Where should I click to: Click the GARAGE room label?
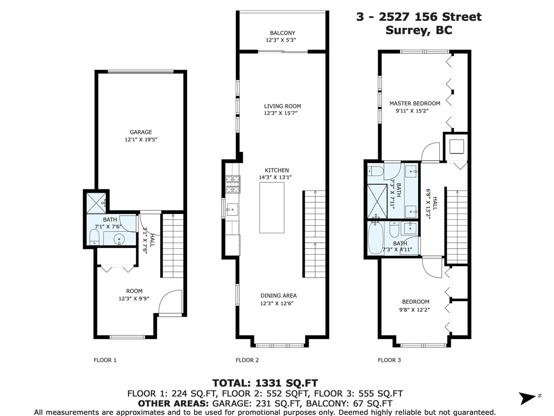pos(141,132)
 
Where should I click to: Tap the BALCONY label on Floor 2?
pos(282,33)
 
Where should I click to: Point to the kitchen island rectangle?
pos(272,208)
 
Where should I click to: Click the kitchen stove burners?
pos(233,184)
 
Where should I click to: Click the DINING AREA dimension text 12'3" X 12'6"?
pos(277,303)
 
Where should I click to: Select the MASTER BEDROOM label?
pos(415,103)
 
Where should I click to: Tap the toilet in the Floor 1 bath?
pos(94,237)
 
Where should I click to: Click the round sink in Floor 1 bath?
pos(119,239)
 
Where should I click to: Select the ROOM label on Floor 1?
pos(134,291)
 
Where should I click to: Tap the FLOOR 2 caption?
pos(247,360)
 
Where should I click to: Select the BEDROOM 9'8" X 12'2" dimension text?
pos(414,310)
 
